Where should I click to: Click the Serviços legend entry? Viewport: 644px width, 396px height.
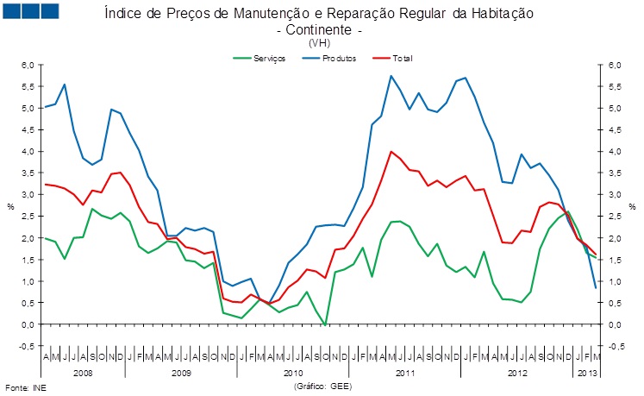point(266,58)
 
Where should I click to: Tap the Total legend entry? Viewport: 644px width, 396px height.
point(402,58)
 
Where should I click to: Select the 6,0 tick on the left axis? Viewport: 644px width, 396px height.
point(28,66)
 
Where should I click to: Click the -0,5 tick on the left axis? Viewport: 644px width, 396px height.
point(26,346)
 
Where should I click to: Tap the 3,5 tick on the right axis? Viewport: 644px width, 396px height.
point(615,173)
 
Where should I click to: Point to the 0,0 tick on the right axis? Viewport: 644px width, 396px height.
point(615,324)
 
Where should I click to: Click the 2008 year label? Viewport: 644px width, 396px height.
point(84,373)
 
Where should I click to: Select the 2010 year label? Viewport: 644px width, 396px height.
point(294,373)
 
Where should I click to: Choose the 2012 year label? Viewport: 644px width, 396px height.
point(517,373)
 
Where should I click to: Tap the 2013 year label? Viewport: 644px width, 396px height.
point(585,373)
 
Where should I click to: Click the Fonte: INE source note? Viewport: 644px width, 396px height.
point(24,388)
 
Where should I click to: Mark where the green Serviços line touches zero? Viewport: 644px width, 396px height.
point(325,324)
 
